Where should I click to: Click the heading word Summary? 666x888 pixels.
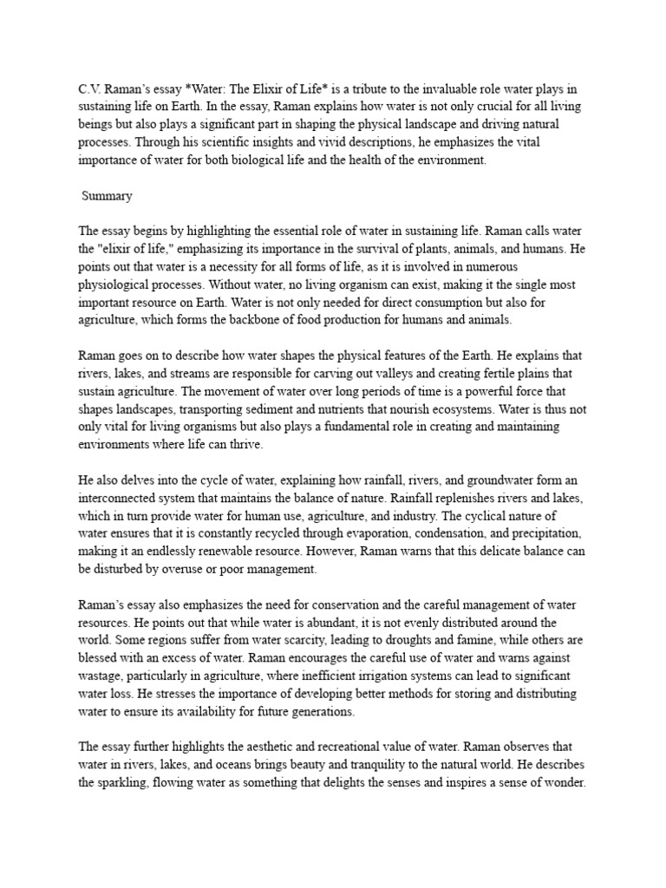[107, 196]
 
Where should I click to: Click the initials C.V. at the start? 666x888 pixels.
[90, 89]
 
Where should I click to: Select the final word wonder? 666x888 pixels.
[561, 781]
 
